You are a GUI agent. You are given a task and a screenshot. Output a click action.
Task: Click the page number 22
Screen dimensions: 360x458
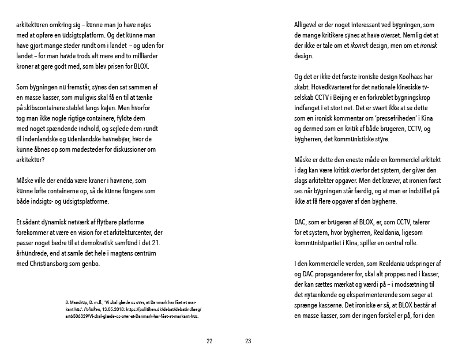click(x=209, y=341)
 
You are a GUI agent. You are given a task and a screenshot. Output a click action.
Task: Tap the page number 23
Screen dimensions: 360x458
click(x=248, y=341)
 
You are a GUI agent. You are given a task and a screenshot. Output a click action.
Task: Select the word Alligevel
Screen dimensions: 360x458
click(x=309, y=27)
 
